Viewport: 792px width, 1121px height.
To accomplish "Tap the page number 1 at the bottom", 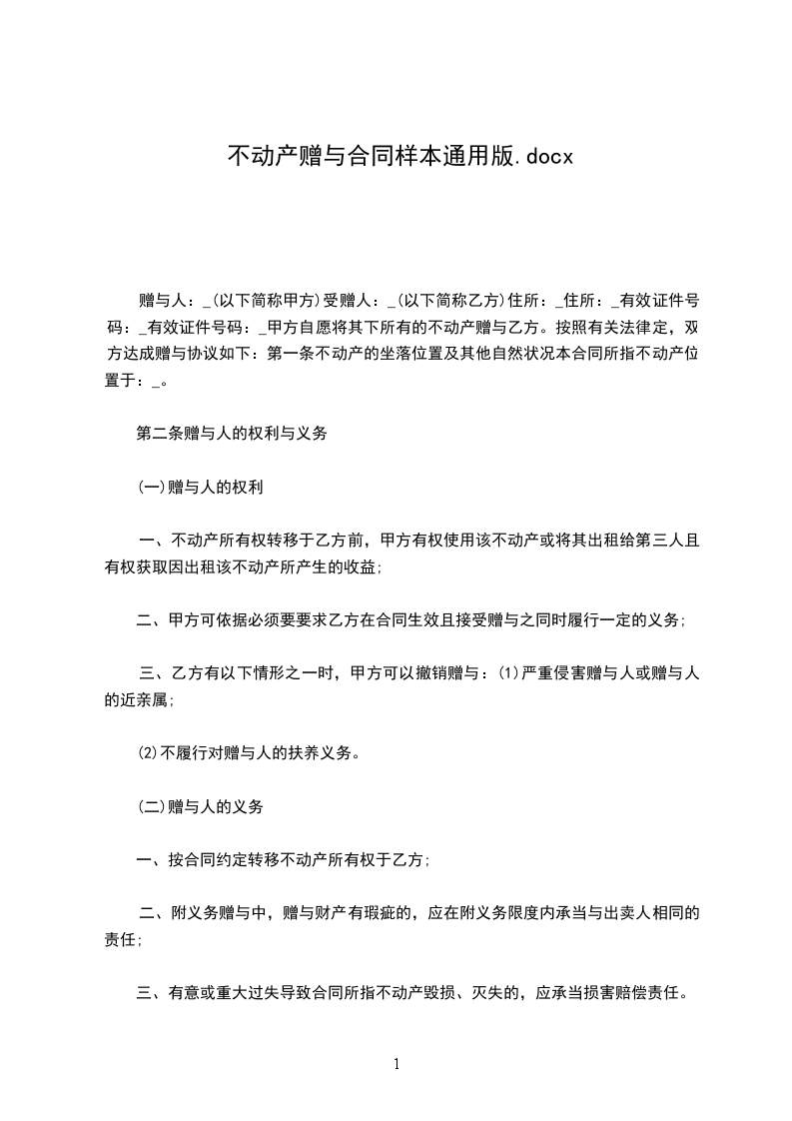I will point(396,1064).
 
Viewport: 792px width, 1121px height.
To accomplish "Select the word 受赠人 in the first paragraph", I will point(351,300).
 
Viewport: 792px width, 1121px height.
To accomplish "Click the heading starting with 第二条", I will point(232,435).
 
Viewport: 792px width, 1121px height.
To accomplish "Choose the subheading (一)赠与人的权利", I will point(200,488).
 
